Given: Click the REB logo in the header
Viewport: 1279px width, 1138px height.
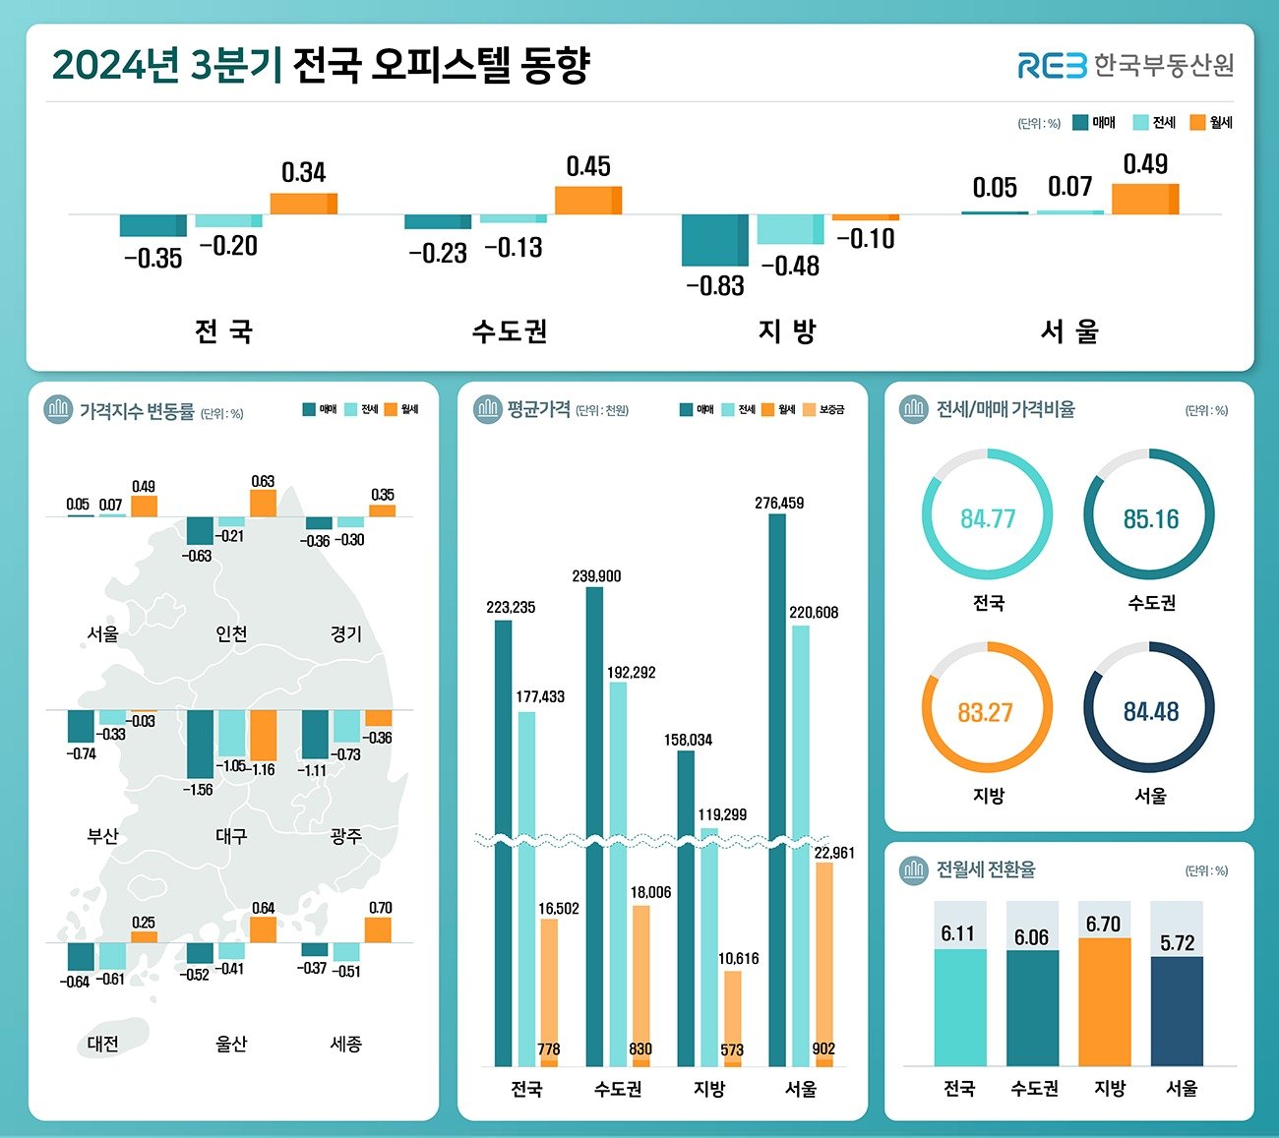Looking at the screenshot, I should click(x=1052, y=66).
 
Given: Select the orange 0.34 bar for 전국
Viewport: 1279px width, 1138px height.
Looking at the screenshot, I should click(x=303, y=204).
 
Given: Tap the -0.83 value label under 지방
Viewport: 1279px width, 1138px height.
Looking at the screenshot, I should click(x=715, y=286).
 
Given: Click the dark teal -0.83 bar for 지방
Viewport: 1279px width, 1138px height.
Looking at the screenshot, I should click(x=714, y=240).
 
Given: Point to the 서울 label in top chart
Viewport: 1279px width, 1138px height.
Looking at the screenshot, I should click(x=1069, y=331).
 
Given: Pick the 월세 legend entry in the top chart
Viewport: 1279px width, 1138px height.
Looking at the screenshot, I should click(x=1211, y=123).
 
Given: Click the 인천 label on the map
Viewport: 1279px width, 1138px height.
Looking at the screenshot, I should click(x=231, y=634).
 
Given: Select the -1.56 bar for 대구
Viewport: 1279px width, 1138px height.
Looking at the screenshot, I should click(x=200, y=744).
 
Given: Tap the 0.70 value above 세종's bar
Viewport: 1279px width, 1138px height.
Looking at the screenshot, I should click(x=380, y=908).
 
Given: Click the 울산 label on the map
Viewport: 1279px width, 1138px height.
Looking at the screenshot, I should click(x=231, y=1045).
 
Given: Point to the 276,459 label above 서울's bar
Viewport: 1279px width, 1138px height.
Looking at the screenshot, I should click(x=779, y=504).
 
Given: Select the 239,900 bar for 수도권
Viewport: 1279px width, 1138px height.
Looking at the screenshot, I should click(x=594, y=826).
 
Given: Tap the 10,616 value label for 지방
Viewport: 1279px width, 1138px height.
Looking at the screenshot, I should click(x=738, y=958).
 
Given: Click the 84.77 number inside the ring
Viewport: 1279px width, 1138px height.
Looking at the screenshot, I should click(x=987, y=518).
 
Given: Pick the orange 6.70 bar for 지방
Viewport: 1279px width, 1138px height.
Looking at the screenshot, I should click(x=1105, y=1001).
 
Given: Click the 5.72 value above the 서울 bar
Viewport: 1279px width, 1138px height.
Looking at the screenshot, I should click(x=1177, y=943).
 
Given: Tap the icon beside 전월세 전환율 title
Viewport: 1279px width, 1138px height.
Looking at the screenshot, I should click(x=914, y=869).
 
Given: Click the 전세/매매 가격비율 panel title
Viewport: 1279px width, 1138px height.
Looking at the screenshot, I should click(x=1005, y=409).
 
